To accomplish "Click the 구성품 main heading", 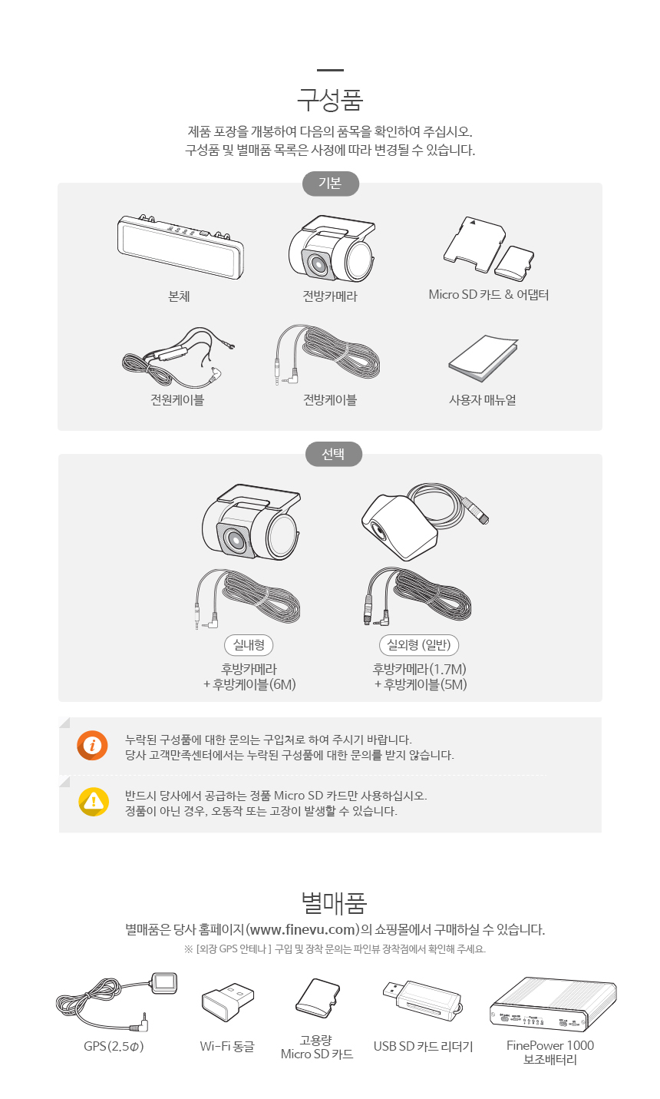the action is point(330,100).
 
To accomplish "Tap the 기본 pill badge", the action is point(331,184).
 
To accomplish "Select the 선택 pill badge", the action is point(333,455).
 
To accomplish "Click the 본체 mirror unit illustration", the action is point(180,247).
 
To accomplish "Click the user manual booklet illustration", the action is point(483,358).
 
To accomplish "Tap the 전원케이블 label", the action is point(177,400).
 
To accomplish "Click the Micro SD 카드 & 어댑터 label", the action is point(488,294).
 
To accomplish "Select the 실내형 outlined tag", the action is point(249,644).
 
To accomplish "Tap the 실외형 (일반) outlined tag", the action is point(419,644).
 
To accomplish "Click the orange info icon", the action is point(92,746).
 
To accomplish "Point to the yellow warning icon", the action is point(93,802).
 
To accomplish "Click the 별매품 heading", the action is point(334,903).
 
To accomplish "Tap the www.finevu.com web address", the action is point(303,929).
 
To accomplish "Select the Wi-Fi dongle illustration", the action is point(227,1001).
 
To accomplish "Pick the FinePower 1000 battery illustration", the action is point(553,1004).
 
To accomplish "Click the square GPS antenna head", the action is point(165,983).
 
